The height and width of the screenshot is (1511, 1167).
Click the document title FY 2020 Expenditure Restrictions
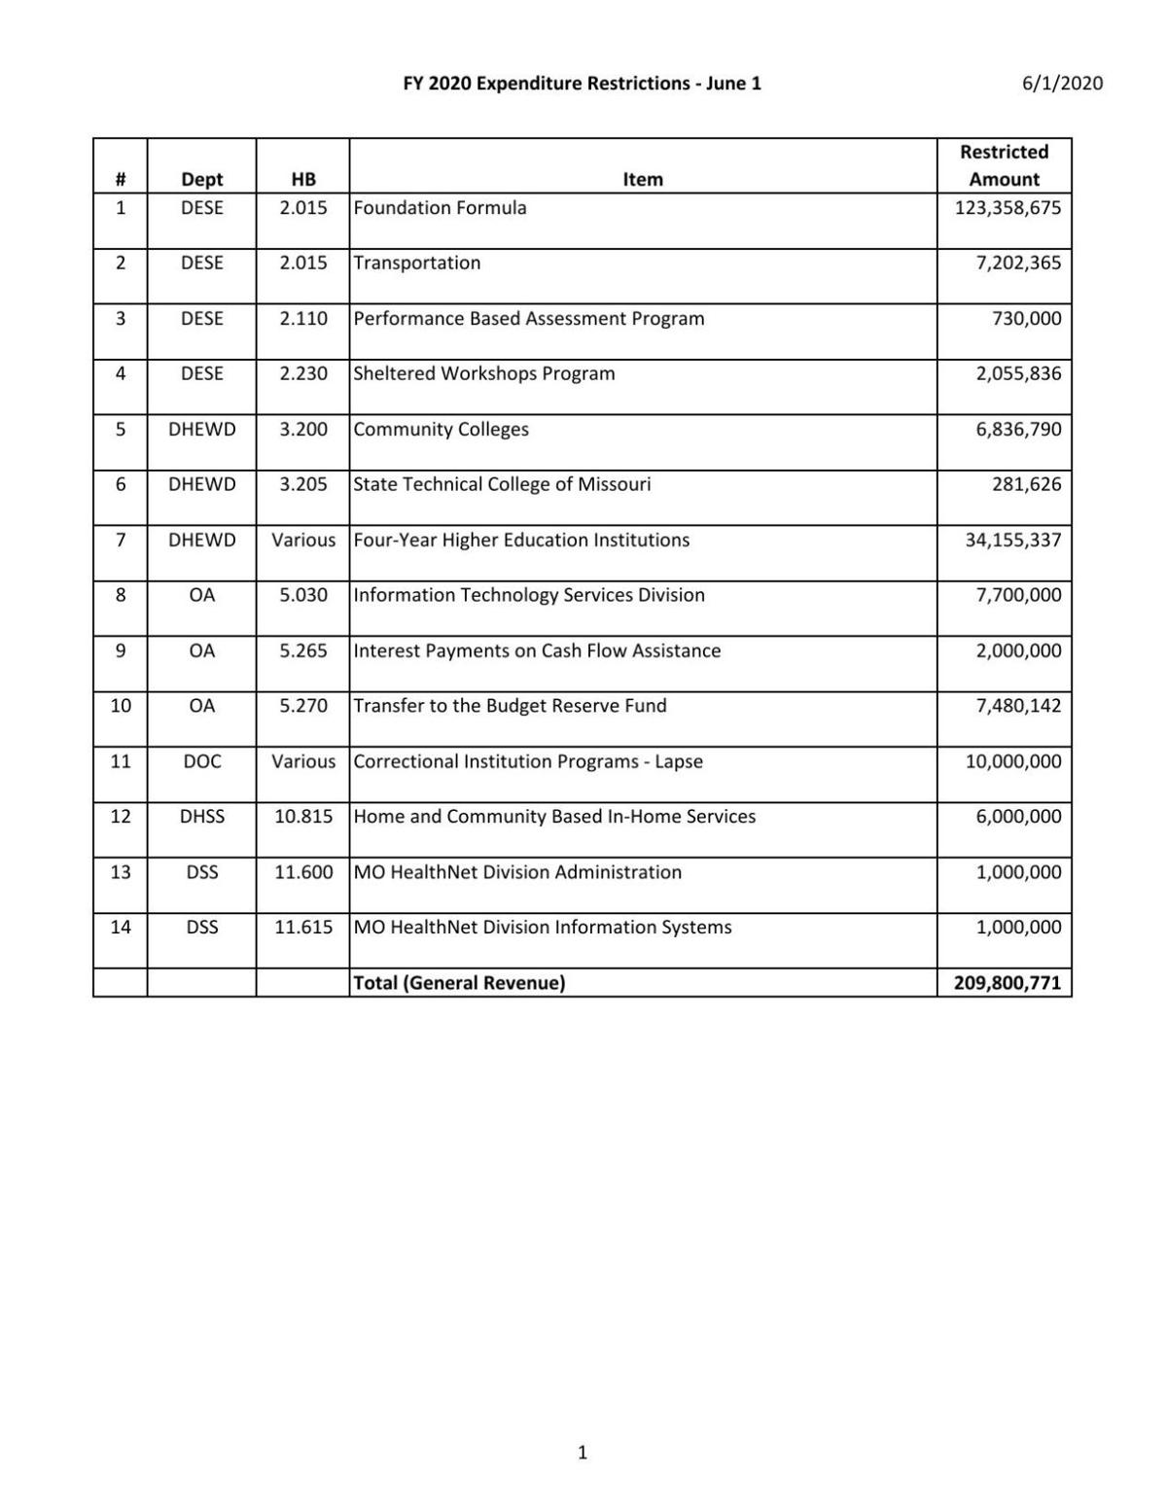tap(582, 84)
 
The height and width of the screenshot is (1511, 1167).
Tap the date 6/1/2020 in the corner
tap(1062, 84)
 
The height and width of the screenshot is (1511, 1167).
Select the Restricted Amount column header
tap(1004, 165)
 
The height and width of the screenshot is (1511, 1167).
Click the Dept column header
tap(201, 179)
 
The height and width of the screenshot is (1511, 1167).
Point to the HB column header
tap(302, 179)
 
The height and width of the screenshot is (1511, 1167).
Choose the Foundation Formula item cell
tap(440, 208)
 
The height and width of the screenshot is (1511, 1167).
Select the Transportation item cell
tap(417, 264)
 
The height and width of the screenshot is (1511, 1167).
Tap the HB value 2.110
tap(302, 319)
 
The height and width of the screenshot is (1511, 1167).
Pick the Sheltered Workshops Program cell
tap(484, 374)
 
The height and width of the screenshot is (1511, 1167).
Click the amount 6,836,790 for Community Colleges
tap(1018, 430)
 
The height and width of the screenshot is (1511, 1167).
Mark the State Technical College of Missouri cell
tap(502, 485)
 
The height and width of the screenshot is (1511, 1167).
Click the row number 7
tap(121, 541)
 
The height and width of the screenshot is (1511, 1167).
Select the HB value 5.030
tap(302, 596)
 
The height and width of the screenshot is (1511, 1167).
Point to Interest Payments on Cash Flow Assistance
tap(537, 651)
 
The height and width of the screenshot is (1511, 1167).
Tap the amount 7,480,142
tap(1018, 707)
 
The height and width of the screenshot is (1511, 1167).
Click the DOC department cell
tap(201, 762)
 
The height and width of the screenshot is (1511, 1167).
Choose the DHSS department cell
tap(201, 818)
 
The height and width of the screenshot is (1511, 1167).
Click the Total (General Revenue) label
tap(459, 983)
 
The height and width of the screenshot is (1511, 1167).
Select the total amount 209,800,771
tap(1007, 983)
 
